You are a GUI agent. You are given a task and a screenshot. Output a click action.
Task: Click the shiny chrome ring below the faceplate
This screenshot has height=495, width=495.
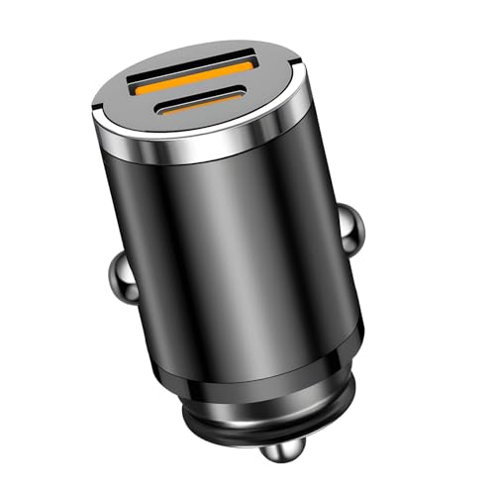click(198, 148)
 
